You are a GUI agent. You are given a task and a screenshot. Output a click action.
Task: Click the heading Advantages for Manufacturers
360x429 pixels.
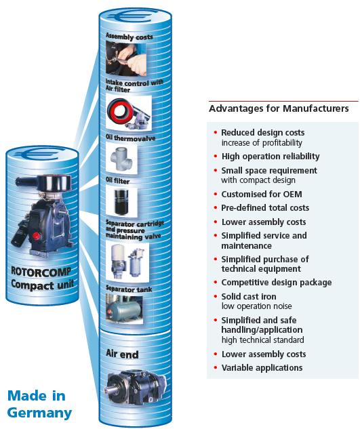(x=279, y=108)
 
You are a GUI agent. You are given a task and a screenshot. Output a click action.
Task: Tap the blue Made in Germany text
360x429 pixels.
(x=39, y=403)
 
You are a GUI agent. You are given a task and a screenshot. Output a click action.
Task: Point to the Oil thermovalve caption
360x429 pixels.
(x=131, y=138)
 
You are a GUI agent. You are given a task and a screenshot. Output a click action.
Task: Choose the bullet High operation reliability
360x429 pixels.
(x=270, y=157)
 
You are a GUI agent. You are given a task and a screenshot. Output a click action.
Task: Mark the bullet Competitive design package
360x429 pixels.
(x=276, y=282)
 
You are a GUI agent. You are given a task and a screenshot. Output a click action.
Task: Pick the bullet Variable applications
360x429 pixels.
(x=262, y=368)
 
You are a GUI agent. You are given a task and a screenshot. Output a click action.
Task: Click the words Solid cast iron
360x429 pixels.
(x=249, y=297)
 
